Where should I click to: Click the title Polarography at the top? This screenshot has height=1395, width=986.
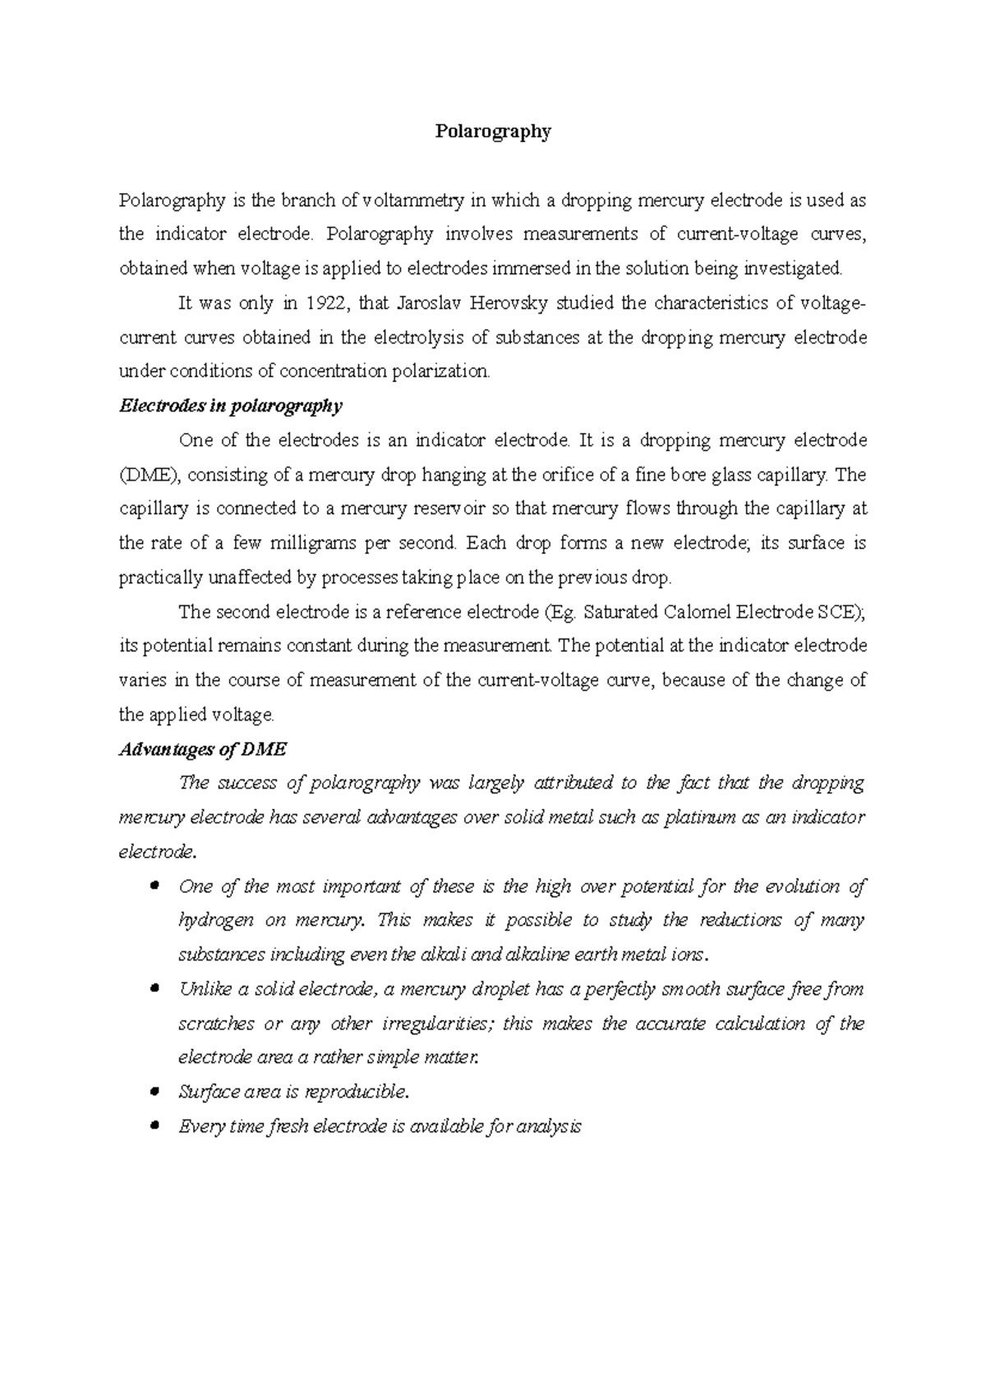[492, 131]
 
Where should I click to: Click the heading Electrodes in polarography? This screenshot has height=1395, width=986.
[231, 406]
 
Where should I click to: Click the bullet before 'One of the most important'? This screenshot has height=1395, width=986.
[154, 886]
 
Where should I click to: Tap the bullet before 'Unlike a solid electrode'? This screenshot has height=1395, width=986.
[154, 989]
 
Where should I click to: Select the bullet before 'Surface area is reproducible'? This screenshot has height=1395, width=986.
[154, 1092]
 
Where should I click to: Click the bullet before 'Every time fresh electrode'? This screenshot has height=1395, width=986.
[154, 1126]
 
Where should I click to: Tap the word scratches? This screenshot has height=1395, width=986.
[216, 1024]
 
